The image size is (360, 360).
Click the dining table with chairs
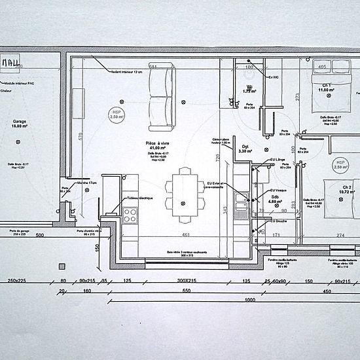click(184, 194)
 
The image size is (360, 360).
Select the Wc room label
click(249, 87)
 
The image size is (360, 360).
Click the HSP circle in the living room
click(118, 114)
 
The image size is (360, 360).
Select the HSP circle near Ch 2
click(340, 164)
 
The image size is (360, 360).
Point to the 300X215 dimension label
click(187, 281)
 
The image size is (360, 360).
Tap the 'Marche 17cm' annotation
click(88, 182)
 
